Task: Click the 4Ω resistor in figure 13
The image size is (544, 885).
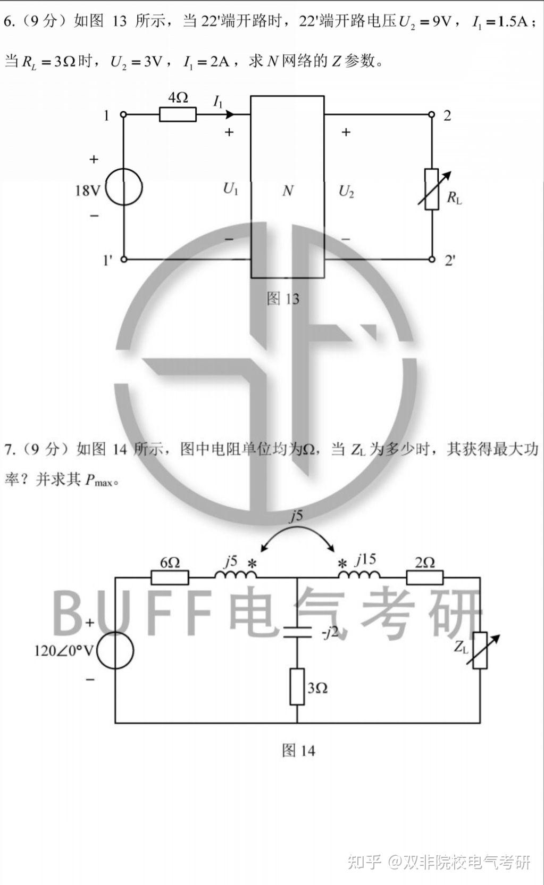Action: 178,114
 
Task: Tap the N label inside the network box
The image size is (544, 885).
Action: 288,191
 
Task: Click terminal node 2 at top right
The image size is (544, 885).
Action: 432,114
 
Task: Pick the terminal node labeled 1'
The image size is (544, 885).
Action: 124,260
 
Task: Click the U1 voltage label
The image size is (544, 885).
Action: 231,189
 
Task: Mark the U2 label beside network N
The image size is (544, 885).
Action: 346,191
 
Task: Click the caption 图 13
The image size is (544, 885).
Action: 283,299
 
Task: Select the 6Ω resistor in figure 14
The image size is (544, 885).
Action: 170,578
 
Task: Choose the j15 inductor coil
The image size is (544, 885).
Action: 359,575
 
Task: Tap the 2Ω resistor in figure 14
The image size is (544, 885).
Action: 424,578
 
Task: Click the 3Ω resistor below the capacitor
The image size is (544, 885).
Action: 297,687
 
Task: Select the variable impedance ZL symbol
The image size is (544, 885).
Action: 480,650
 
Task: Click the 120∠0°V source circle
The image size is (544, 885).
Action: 115,650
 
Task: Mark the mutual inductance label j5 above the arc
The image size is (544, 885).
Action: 296,515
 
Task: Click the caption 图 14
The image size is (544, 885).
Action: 298,750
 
